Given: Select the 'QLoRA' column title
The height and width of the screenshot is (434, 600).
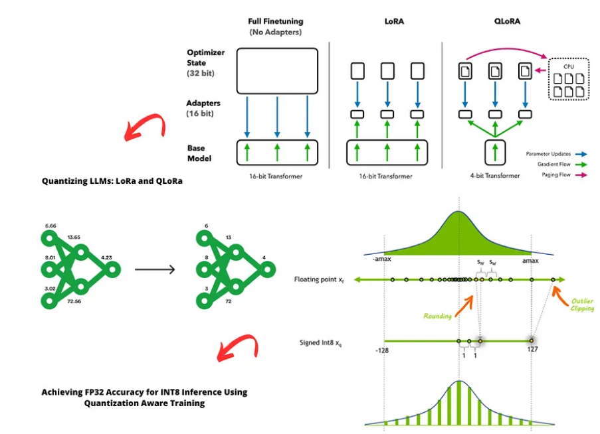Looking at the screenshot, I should tap(507, 21).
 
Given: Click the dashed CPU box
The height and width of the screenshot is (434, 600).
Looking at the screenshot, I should tap(569, 78).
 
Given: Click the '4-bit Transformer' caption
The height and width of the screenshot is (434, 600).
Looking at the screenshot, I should tap(494, 176).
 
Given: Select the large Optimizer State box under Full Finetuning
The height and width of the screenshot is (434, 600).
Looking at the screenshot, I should tap(276, 70).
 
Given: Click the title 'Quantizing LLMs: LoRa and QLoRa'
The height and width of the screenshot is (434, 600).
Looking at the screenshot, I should tap(112, 181).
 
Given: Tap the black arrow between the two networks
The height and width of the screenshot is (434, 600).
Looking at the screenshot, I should tap(155, 269).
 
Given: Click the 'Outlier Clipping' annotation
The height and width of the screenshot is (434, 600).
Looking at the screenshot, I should tap(582, 305).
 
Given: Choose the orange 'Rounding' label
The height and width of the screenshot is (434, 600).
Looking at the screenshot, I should tap(437, 316).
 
